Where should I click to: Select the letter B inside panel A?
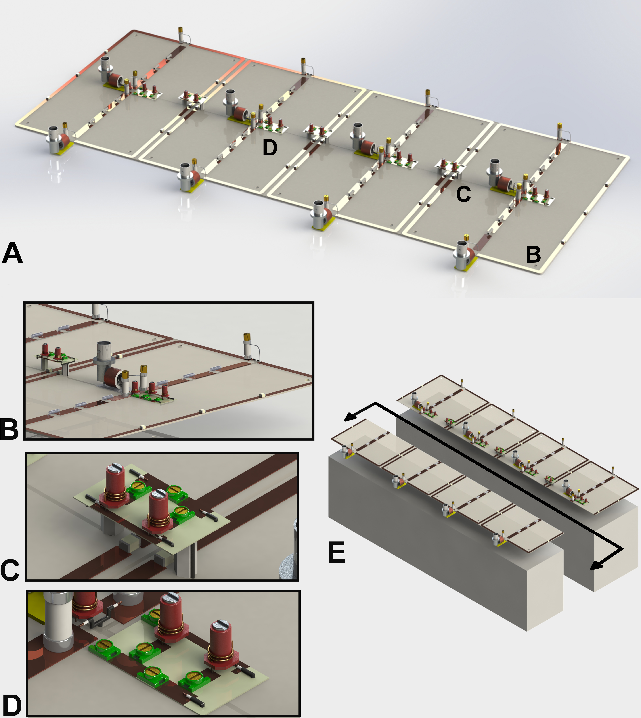[x=533, y=255]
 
